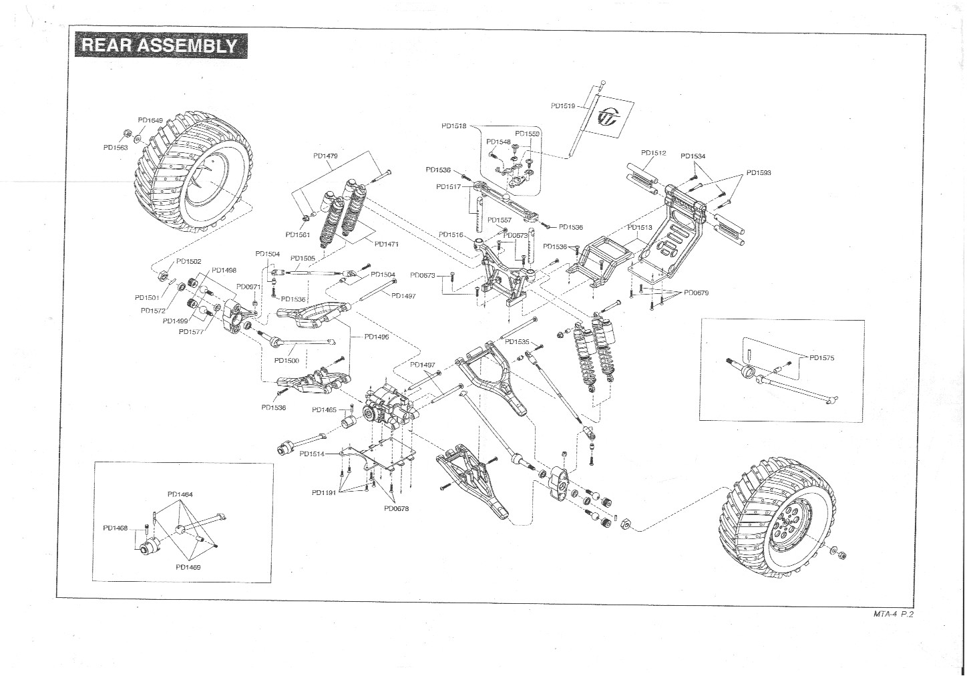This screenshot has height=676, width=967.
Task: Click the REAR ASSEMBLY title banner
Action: (x=158, y=45)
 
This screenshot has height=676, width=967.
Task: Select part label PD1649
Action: (x=150, y=120)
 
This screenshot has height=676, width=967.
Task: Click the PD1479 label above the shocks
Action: (x=325, y=156)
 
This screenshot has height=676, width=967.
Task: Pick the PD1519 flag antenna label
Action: (x=563, y=106)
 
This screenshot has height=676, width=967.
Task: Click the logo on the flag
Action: (x=609, y=118)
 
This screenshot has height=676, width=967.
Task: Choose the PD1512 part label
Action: (x=654, y=153)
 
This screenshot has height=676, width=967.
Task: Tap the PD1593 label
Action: (x=759, y=173)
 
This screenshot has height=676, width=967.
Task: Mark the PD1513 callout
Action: (x=639, y=228)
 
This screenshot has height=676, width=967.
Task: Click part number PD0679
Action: (x=696, y=293)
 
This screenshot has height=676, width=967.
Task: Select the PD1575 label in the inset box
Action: (x=821, y=357)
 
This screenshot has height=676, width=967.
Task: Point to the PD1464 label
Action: (x=180, y=494)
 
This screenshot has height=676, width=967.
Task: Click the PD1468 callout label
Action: (x=115, y=528)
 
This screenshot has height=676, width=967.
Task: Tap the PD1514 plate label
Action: (x=312, y=454)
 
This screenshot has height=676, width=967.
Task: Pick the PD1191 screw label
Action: (x=323, y=493)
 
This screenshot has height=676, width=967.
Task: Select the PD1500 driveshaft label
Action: (x=286, y=360)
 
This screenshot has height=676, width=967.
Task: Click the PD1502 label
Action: (x=188, y=262)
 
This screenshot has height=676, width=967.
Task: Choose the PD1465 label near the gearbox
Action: (x=324, y=409)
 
